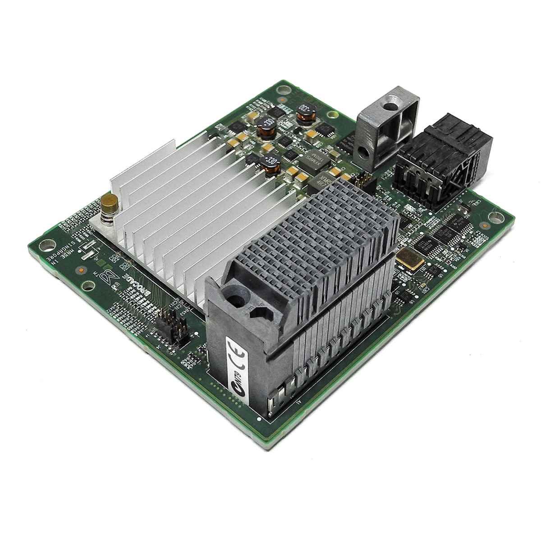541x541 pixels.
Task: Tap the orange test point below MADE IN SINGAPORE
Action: [80, 270]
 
